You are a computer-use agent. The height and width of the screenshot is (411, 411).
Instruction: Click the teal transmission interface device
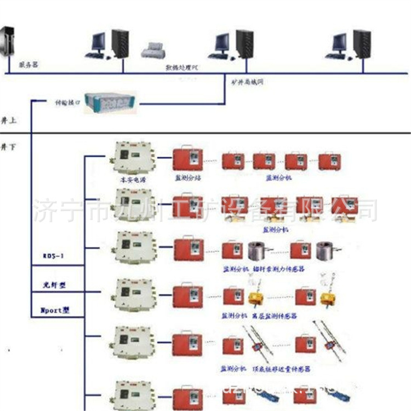click(112, 102)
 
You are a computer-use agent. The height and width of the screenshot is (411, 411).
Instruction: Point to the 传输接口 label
click(66, 102)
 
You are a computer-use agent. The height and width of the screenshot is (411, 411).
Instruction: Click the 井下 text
click(7, 147)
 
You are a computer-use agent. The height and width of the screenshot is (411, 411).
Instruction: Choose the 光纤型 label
click(55, 286)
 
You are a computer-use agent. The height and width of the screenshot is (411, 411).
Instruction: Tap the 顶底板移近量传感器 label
click(283, 369)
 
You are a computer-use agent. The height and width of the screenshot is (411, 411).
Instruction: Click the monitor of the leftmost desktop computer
click(98, 42)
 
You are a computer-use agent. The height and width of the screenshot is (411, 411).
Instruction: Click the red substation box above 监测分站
click(188, 159)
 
